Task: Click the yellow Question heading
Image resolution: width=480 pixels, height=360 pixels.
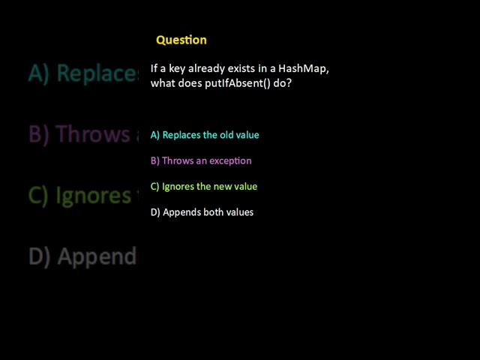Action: (x=181, y=40)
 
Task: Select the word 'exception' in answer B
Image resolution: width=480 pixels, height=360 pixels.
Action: (x=229, y=160)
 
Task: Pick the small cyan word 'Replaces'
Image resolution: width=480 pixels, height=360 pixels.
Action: (x=181, y=135)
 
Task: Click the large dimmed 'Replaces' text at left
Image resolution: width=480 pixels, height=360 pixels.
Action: (x=98, y=73)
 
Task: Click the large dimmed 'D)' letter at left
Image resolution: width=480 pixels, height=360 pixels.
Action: (x=40, y=256)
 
